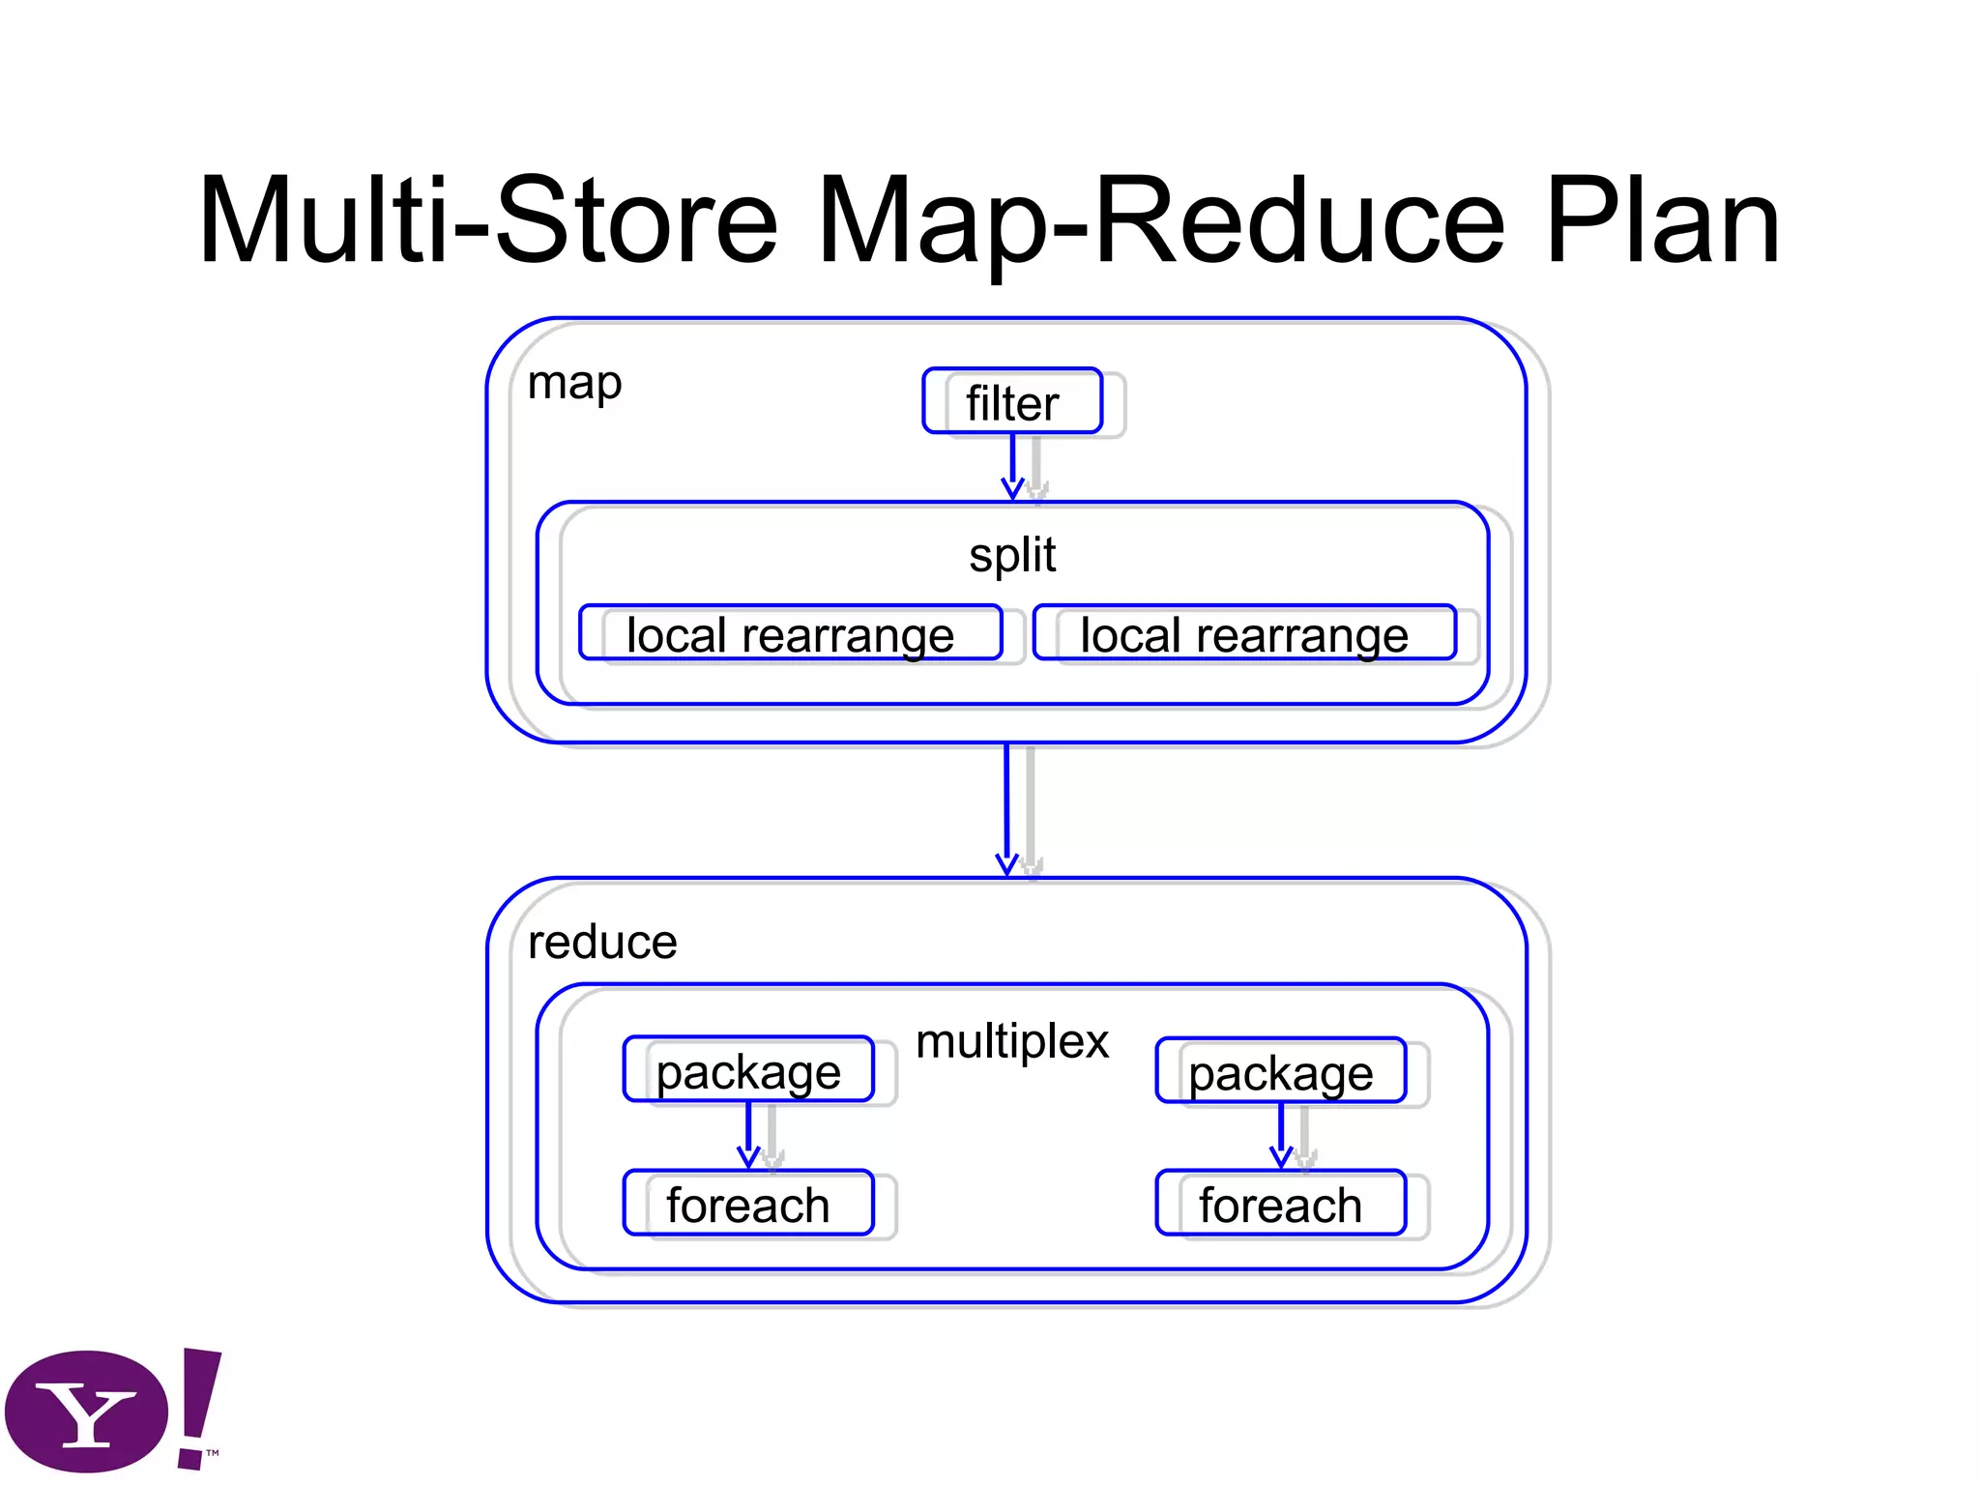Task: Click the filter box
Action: [1012, 401]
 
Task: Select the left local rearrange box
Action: [790, 634]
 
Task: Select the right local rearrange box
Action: [1244, 634]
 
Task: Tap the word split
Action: [1012, 555]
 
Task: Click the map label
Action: [574, 384]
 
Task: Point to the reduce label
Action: [602, 943]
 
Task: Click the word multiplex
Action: [1012, 1042]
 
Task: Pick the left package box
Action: [748, 1070]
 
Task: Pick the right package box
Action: [1280, 1071]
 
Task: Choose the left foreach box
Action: [748, 1204]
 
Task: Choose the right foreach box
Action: [1280, 1204]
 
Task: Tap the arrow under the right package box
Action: [1281, 1135]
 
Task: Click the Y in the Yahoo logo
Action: [87, 1413]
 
